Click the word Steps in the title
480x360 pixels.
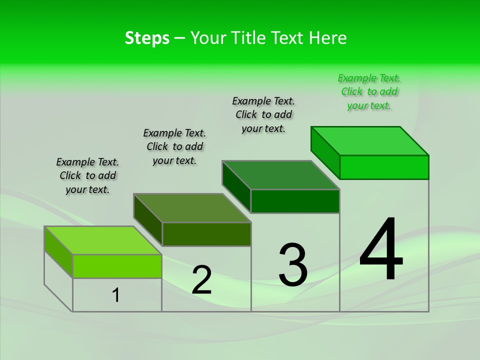click(147, 38)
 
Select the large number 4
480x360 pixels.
click(381, 250)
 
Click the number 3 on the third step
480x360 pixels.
click(293, 264)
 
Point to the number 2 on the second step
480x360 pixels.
click(201, 280)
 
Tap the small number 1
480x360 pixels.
click(116, 295)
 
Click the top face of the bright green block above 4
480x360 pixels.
click(370, 141)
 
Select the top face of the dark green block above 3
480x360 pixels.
click(281, 175)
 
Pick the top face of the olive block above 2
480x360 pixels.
click(192, 208)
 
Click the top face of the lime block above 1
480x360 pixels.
click(103, 240)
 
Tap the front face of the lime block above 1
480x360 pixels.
click(117, 266)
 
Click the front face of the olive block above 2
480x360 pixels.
click(206, 234)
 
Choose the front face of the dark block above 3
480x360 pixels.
click(295, 201)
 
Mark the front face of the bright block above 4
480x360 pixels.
click(384, 167)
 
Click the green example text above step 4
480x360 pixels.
click(369, 92)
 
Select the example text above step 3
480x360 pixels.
click(263, 114)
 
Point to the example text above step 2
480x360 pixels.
click(174, 146)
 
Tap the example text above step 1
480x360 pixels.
click(87, 175)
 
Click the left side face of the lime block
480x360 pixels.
click(58, 252)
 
